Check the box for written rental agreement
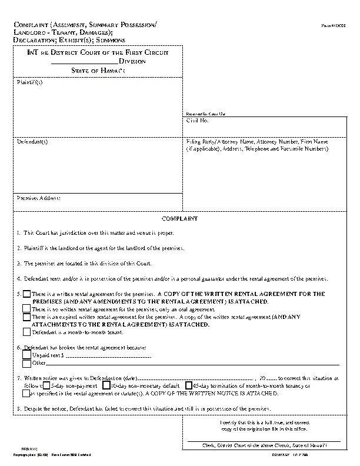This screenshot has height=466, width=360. coord(26,293)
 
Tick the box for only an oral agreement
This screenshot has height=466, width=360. coord(26,308)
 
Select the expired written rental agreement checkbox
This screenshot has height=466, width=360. coord(26,317)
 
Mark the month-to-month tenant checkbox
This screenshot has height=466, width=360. coord(26,332)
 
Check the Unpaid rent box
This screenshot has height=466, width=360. coord(26,355)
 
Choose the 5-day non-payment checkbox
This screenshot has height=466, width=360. coord(47,385)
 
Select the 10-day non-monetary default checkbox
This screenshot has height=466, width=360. coord(106,385)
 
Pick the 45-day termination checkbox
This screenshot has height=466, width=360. coord(188,385)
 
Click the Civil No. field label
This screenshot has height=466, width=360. coord(198,121)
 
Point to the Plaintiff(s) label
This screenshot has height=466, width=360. coord(29,82)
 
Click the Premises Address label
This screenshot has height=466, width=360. coord(38,198)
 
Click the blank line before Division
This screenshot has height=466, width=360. coord(85,61)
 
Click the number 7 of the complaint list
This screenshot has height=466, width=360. coord(19,378)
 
